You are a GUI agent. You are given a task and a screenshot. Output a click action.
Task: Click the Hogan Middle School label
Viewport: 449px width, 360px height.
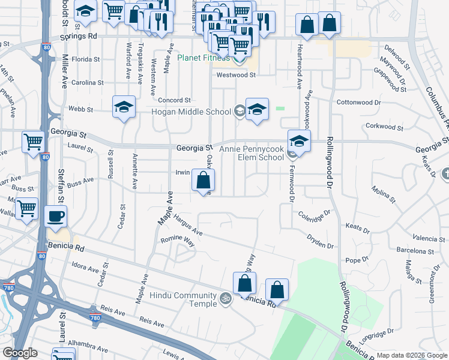192,111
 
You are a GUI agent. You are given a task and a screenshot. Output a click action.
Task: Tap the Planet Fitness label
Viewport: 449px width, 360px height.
203,58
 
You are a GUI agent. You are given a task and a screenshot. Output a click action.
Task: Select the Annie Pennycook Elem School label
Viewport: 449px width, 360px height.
252,153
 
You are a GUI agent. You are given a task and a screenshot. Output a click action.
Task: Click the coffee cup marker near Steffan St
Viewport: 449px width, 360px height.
56,218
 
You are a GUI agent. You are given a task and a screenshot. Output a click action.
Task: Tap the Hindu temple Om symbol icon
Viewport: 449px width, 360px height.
226,298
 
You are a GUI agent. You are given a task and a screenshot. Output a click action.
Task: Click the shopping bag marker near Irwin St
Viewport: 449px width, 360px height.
203,181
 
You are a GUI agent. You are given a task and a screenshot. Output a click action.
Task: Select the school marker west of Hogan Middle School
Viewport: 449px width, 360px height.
124,108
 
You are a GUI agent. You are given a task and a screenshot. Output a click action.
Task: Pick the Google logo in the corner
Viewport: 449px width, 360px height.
19,353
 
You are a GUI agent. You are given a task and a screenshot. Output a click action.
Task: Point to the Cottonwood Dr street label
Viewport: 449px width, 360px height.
359,103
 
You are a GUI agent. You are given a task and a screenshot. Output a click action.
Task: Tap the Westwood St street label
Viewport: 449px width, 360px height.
236,75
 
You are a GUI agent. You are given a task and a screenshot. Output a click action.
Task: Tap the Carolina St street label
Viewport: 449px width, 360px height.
88,82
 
